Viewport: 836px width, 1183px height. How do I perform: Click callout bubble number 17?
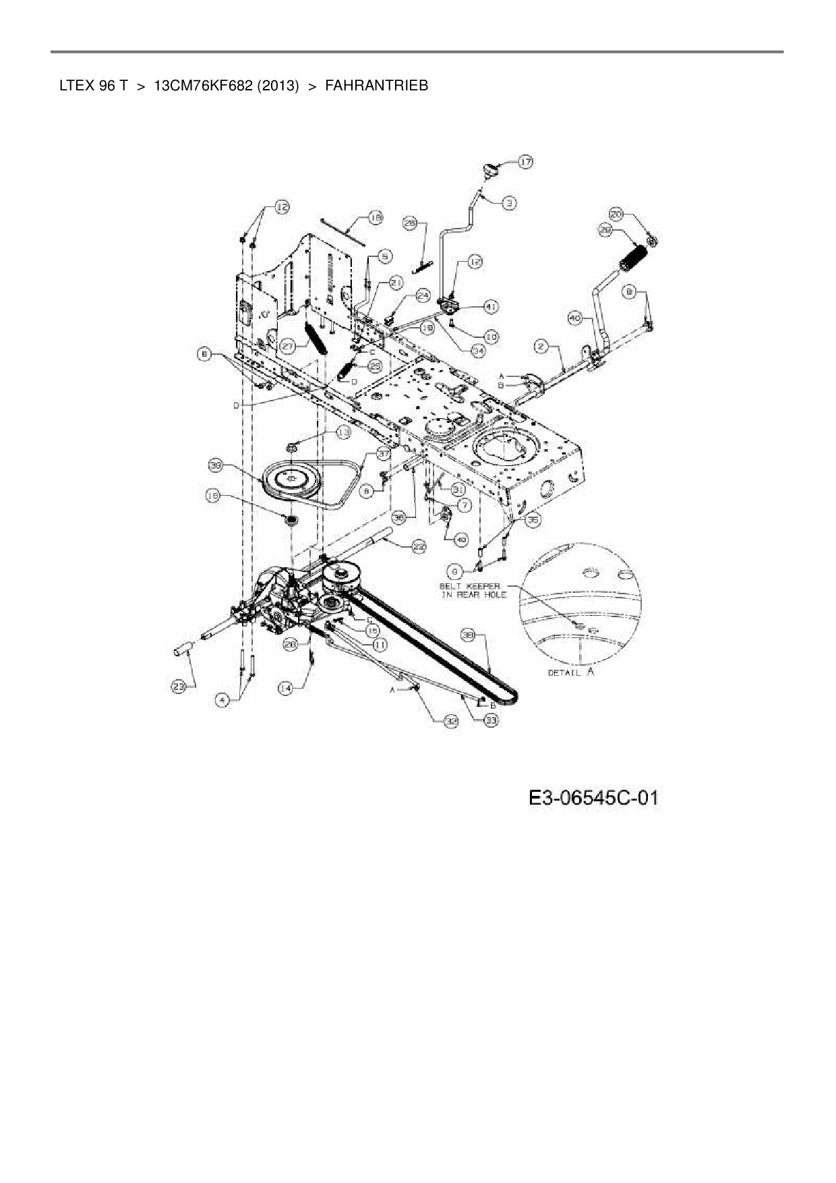point(525,161)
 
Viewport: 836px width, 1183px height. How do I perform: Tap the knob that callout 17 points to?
point(491,170)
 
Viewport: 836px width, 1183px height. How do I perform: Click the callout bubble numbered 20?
point(616,214)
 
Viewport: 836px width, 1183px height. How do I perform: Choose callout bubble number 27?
point(289,345)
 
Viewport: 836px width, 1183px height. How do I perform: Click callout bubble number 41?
point(491,307)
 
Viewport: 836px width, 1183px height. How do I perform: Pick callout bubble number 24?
point(423,295)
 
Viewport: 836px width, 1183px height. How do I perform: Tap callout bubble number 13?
point(344,432)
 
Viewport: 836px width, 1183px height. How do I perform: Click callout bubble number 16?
point(213,496)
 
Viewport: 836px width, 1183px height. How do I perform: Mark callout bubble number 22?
point(419,547)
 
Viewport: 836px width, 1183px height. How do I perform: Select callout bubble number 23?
point(178,687)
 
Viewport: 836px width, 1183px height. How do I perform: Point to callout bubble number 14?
point(285,687)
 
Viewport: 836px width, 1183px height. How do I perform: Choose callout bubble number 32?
point(450,721)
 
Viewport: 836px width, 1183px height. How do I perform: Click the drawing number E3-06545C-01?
point(593,798)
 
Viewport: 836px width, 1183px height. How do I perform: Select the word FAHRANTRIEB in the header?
point(376,86)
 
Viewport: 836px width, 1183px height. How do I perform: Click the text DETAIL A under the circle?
point(570,672)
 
